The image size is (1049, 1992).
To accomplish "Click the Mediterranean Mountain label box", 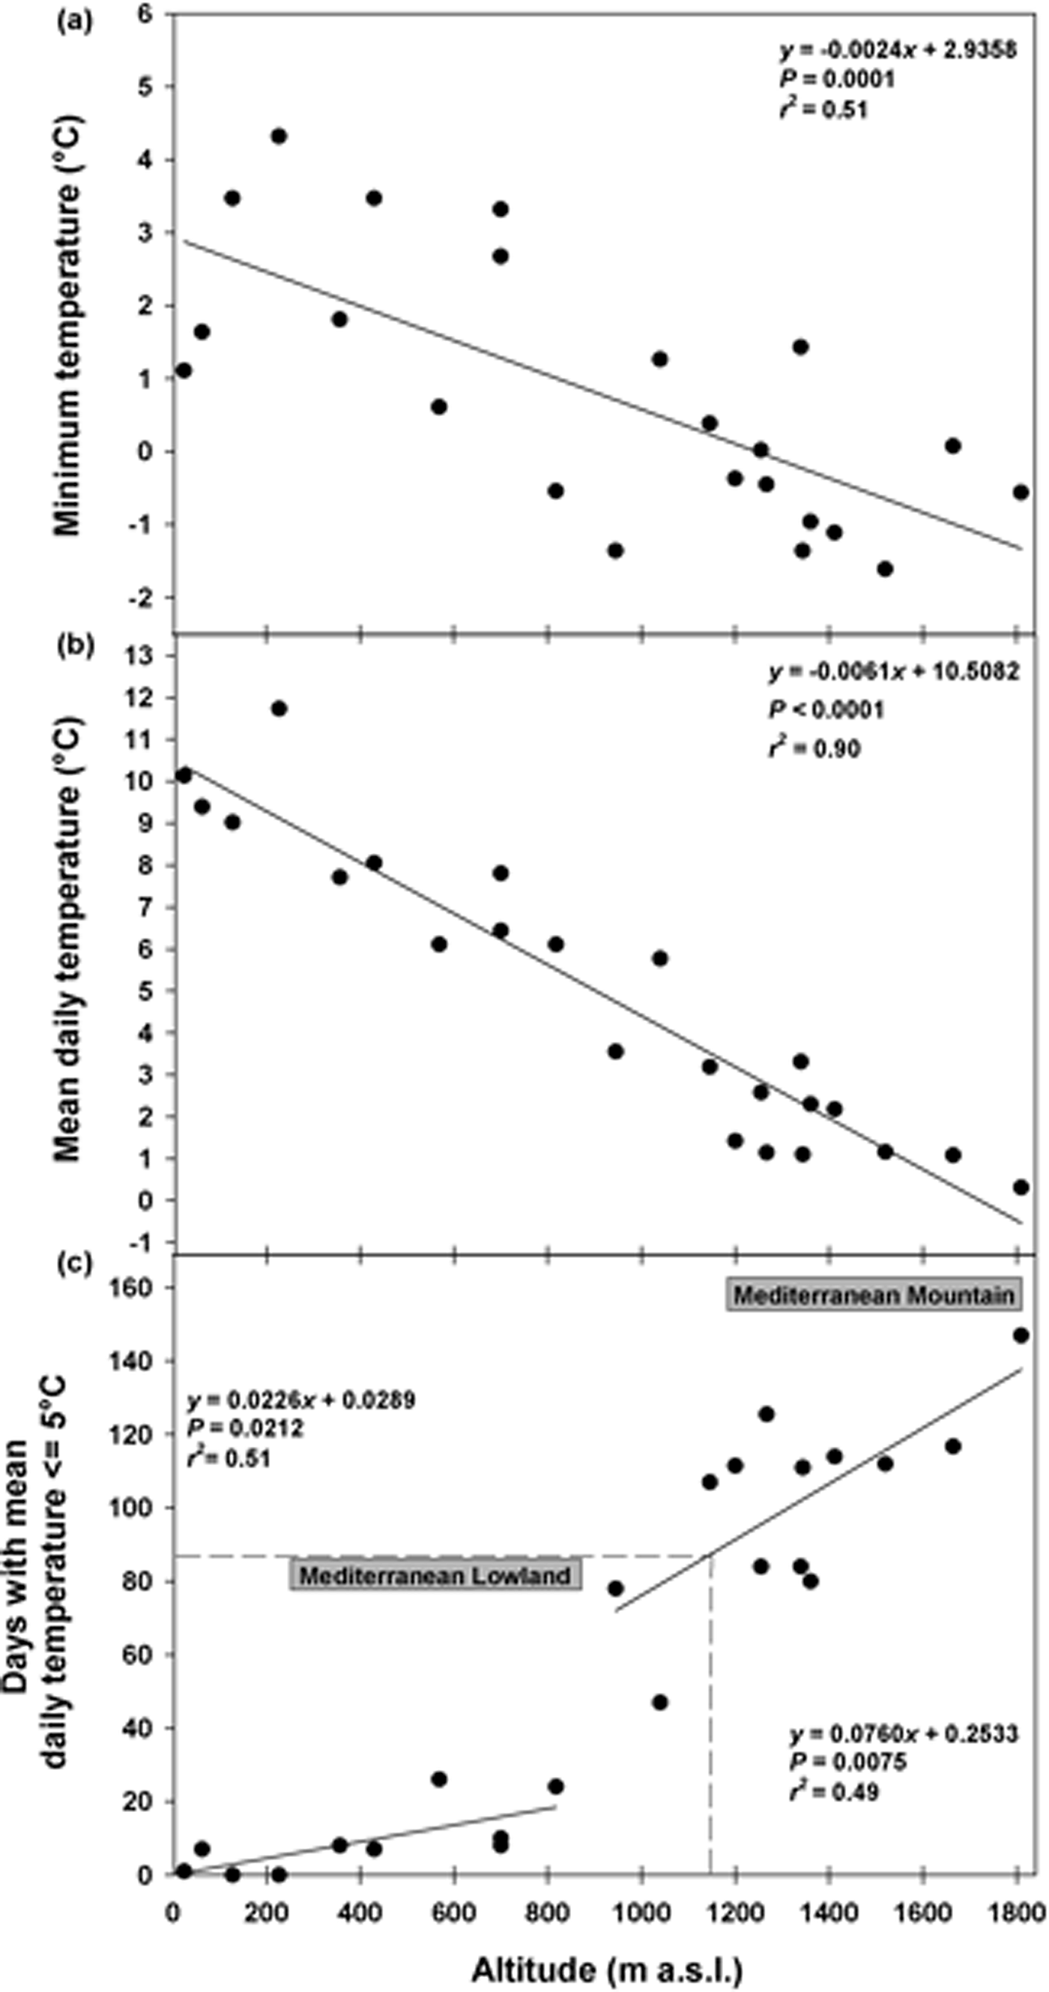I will pyautogui.click(x=874, y=1296).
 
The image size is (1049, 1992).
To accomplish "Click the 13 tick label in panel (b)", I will pyautogui.click(x=145, y=656).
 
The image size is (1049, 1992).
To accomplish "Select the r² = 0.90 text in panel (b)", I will pyautogui.click(x=814, y=748).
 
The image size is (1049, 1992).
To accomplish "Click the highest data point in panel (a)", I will pyautogui.click(x=279, y=136).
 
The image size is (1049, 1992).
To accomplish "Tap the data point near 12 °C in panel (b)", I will pyautogui.click(x=279, y=708).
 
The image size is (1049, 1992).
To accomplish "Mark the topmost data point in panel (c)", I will pyautogui.click(x=1021, y=1335).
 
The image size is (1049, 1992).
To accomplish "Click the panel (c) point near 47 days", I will pyautogui.click(x=659, y=1702).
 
